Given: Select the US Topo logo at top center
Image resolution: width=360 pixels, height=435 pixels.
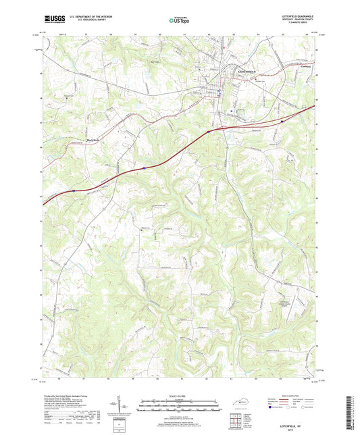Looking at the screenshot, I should (179, 20).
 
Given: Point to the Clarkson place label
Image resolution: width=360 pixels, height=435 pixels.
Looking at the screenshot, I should (299, 66).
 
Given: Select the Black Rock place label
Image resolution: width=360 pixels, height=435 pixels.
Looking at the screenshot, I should (92, 140).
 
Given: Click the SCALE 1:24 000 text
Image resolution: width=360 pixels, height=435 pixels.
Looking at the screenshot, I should (180, 395).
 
